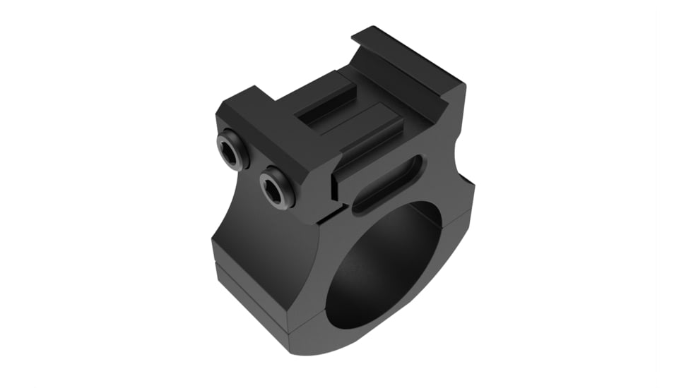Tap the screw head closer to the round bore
(276, 188)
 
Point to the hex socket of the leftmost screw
(230, 150)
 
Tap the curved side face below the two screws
(261, 233)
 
